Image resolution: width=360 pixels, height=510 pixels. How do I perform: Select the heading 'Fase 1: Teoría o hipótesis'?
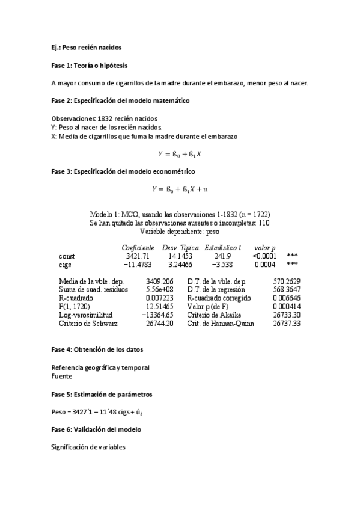(x=89, y=65)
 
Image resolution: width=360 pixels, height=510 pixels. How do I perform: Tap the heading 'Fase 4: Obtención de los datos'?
(x=97, y=349)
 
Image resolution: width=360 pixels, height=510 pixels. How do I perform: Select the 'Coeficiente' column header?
(x=138, y=247)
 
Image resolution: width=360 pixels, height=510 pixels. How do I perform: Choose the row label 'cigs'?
(x=65, y=264)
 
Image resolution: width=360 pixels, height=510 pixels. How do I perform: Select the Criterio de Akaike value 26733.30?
(x=287, y=315)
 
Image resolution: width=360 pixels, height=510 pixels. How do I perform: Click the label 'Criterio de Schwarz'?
(x=88, y=323)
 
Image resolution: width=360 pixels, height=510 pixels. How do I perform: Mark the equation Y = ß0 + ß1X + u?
(x=179, y=189)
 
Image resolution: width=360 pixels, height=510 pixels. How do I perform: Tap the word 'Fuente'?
(x=62, y=376)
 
